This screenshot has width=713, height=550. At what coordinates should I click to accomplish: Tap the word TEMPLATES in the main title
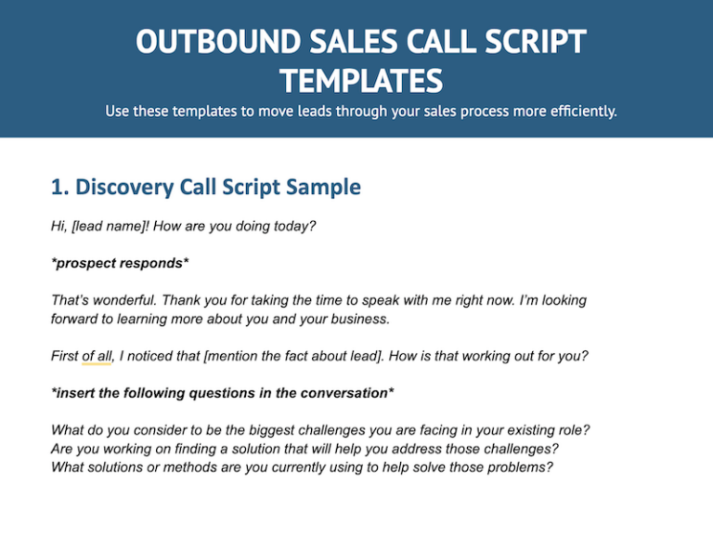tap(360, 81)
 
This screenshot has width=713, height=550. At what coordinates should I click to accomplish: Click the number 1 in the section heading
tap(58, 187)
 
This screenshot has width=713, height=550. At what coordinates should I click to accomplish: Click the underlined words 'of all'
tap(97, 356)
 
